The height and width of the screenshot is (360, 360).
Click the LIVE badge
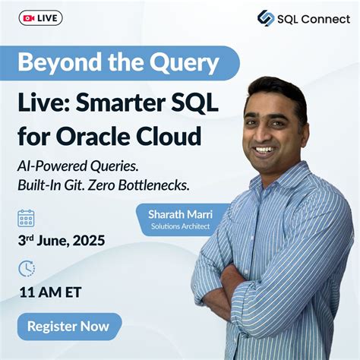point(41,17)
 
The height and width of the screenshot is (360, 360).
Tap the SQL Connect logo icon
point(266,18)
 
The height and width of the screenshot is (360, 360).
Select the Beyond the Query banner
point(118,62)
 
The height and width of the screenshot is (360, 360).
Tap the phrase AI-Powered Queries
point(76,165)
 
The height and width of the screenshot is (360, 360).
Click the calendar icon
point(27,218)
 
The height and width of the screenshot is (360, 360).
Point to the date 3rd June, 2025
point(61,242)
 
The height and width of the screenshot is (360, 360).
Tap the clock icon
point(27,268)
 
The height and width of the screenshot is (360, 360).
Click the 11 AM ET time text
point(51,292)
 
